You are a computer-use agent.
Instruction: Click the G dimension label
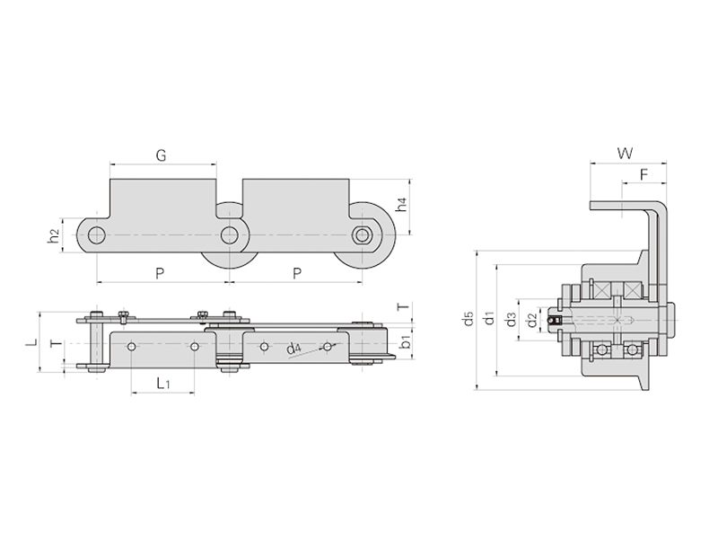tap(161, 155)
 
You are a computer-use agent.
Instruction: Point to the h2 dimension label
tap(54, 235)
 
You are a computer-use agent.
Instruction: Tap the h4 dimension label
tap(401, 205)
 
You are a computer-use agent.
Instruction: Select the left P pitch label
tap(160, 274)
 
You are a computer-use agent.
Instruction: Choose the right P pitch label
tap(297, 274)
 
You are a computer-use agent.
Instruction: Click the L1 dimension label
tap(163, 383)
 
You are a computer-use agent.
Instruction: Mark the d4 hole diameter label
tap(293, 349)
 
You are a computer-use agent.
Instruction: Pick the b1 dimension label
tap(405, 341)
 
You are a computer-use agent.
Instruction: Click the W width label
tap(626, 153)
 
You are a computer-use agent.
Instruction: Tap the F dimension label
tap(644, 174)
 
